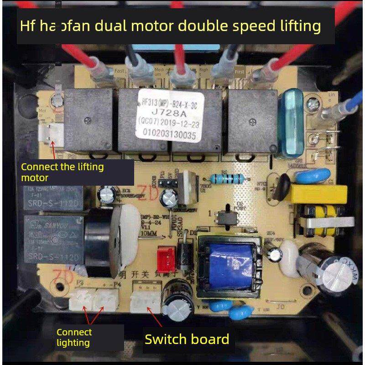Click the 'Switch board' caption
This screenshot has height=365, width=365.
click(x=187, y=339)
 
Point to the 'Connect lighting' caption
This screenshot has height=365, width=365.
click(x=74, y=338)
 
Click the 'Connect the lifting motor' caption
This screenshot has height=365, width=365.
click(x=63, y=172)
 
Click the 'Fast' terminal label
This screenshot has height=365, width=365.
click(x=119, y=71)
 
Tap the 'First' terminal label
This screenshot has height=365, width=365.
click(x=239, y=72)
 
